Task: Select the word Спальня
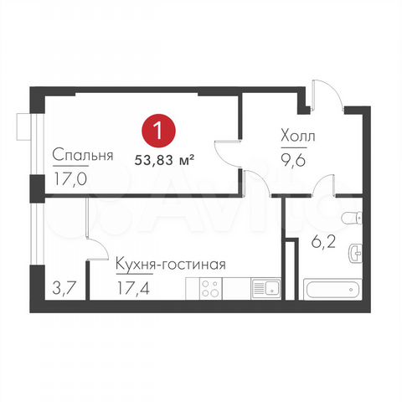[82, 156]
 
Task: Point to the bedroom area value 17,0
[70, 178]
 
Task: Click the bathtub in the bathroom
[331, 293]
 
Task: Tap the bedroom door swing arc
[228, 155]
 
